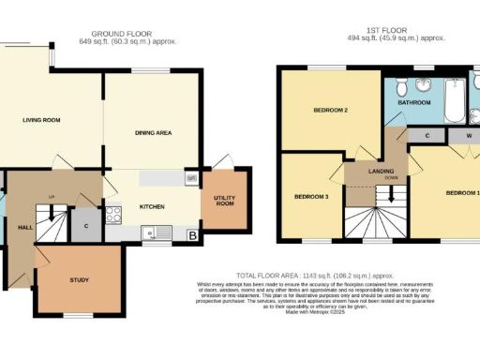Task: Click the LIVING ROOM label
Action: pos(41,120)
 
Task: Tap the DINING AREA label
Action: pos(152,133)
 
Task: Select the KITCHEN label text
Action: pos(153,205)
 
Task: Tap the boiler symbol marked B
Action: pos(192,235)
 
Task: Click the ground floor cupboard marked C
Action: pos(86,225)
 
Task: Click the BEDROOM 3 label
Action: pos(311,197)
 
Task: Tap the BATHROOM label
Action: pos(414,101)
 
